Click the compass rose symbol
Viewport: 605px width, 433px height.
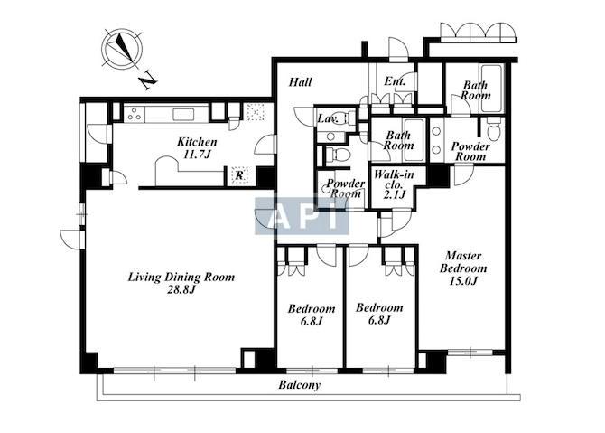(x=122, y=50)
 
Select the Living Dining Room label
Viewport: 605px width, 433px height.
(x=181, y=277)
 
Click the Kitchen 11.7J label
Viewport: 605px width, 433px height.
(x=197, y=148)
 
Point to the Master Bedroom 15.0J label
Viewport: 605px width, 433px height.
(x=463, y=268)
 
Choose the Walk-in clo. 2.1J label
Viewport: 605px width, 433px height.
(x=394, y=184)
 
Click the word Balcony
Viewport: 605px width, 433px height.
(x=300, y=385)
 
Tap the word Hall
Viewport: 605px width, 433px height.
(x=301, y=82)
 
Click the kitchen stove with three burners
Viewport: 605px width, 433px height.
(x=135, y=114)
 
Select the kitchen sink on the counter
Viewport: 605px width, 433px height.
(x=183, y=114)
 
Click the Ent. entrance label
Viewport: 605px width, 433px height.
(x=395, y=81)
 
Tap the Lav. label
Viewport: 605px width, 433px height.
(x=328, y=118)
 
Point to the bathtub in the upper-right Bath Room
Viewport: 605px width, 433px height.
(x=491, y=89)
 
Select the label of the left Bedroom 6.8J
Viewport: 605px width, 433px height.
(x=312, y=315)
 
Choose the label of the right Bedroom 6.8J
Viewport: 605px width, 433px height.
(x=379, y=314)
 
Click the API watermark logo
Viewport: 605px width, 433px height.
(x=302, y=216)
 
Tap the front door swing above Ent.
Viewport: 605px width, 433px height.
(x=398, y=48)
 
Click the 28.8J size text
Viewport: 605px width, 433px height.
(x=181, y=289)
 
